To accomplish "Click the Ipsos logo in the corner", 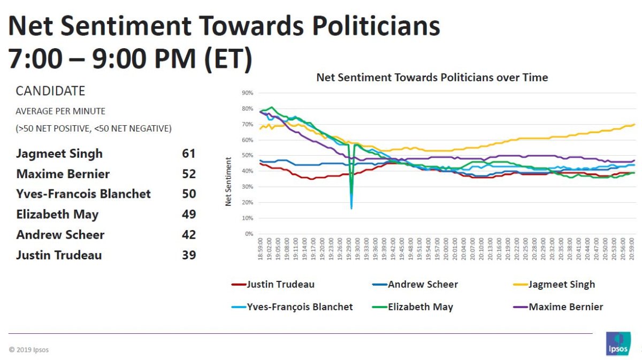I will coord(618,343).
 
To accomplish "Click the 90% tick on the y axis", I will coord(247,93).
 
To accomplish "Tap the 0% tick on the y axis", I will coord(248,234).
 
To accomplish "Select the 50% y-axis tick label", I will coord(247,156).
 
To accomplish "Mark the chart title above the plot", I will coord(432,78).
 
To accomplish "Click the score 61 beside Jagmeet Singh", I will coord(188,154).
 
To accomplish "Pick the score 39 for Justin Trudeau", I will coord(188,255).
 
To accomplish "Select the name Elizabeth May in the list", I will coord(57,215).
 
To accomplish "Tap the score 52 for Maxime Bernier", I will coord(188,174).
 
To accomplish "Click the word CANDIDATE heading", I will coord(50,91).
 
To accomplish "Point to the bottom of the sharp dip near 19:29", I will coord(351,208).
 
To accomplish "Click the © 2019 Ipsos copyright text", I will coord(29,350).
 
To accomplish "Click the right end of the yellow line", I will coord(635,125).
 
